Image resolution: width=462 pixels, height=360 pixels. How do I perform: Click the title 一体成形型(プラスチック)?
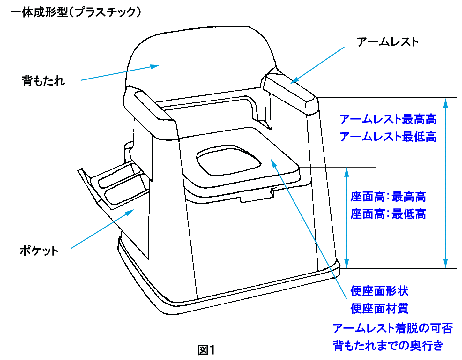[76, 12]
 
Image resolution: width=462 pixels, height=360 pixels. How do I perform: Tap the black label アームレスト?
[387, 42]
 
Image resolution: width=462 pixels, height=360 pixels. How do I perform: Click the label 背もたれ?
[43, 80]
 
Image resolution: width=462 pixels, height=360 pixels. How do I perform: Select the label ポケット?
[39, 251]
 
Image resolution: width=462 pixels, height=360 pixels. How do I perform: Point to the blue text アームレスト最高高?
[388, 119]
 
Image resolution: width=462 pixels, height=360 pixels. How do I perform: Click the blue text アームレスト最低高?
[388, 137]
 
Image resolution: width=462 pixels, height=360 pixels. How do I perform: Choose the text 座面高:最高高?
[388, 197]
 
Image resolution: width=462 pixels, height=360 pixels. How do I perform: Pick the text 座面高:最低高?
[388, 214]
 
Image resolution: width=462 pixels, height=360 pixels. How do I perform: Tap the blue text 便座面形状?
[379, 291]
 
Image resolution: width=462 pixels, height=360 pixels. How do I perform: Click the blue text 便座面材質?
[379, 308]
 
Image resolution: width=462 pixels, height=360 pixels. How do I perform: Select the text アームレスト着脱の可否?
[392, 328]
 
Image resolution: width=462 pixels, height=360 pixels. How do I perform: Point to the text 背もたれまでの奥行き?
[388, 345]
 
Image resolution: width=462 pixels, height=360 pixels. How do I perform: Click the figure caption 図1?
[206, 350]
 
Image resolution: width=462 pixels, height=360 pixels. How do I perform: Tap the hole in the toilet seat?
[228, 161]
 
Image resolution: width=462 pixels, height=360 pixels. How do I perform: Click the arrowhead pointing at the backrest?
[155, 66]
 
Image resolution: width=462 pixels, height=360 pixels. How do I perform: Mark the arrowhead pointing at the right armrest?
[294, 81]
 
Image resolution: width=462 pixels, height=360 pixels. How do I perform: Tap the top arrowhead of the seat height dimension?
[346, 172]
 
